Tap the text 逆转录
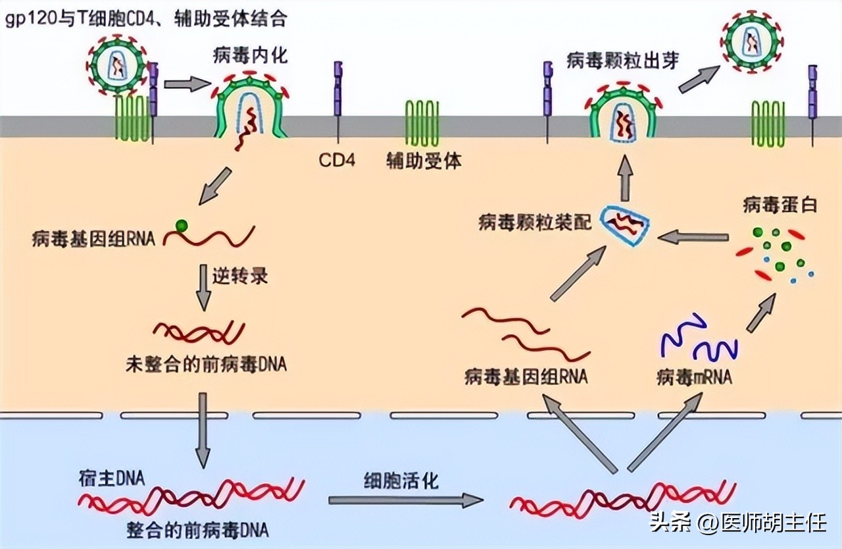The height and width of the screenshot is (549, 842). point(239,274)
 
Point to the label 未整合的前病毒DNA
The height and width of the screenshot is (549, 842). point(206,363)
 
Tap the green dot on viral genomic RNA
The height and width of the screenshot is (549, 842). point(182,226)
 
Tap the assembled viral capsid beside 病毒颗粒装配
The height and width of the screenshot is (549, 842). point(626,224)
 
